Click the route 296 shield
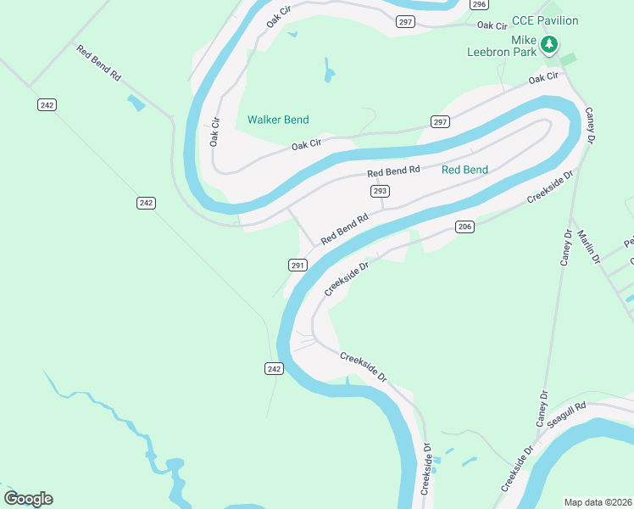pos(479,4)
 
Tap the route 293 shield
pos(379,192)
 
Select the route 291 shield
pos(298,265)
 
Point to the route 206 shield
pos(464,227)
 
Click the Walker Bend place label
pos(278,120)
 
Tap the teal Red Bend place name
pos(464,170)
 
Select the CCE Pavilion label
pos(545,20)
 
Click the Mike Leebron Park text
pos(502,46)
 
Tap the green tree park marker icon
pos(550,43)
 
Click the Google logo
pos(28,498)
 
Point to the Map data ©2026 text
pos(598,501)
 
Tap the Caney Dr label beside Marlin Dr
pos(566,247)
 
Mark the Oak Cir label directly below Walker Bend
pos(307,145)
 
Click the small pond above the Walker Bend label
pos(328,71)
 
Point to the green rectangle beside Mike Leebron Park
pos(568,59)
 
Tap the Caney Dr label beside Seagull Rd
pos(542,408)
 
